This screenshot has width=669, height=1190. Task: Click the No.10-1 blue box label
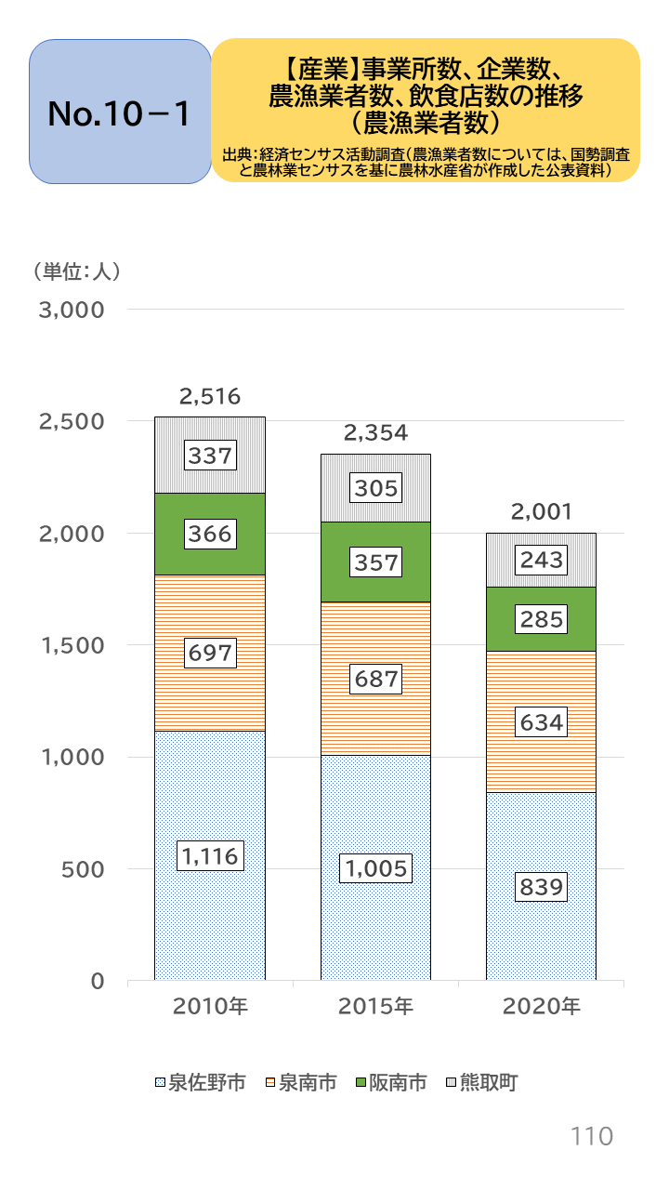(x=120, y=112)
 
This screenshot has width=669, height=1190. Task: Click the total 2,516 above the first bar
(x=209, y=397)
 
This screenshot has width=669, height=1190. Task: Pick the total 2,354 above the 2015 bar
(x=375, y=432)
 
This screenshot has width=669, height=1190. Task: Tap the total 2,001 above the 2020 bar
(x=542, y=511)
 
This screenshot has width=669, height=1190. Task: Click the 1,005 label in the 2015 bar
(x=375, y=867)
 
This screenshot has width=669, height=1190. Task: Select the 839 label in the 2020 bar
(x=542, y=887)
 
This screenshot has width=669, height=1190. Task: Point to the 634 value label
(x=542, y=721)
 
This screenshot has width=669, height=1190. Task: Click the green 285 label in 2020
(x=542, y=619)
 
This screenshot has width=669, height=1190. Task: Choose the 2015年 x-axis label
(x=375, y=1006)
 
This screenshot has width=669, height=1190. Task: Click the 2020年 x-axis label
(x=542, y=1006)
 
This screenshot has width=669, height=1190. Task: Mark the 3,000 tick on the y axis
(x=70, y=310)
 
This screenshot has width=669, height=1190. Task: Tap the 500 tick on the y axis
(x=82, y=869)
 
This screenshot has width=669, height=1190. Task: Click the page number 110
(x=591, y=1136)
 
